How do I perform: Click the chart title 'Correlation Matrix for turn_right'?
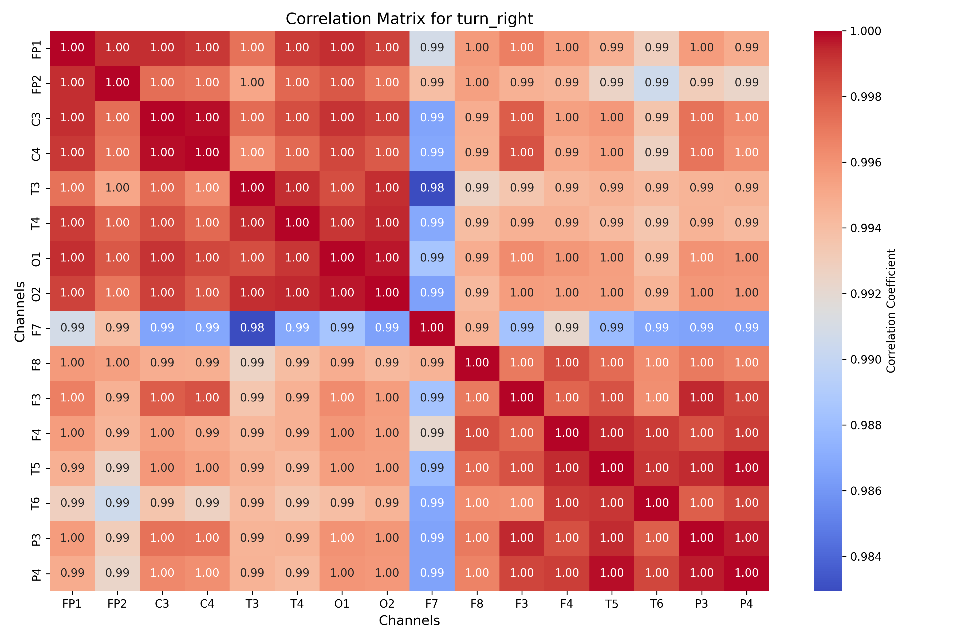point(409,19)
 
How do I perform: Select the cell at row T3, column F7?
point(432,188)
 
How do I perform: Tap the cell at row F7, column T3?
point(252,328)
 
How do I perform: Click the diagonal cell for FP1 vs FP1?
point(72,48)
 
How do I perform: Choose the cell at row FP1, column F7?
point(432,48)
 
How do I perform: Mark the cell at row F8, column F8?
point(477,363)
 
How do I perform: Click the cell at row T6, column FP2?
point(117,503)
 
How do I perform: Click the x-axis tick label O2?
point(387,604)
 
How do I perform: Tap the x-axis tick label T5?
point(612,604)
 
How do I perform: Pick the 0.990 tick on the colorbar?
point(865,359)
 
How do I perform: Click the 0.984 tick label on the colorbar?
point(865,556)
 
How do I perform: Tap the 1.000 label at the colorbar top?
point(865,31)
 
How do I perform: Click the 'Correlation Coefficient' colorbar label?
point(891,311)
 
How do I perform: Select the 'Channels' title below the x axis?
point(409,620)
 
